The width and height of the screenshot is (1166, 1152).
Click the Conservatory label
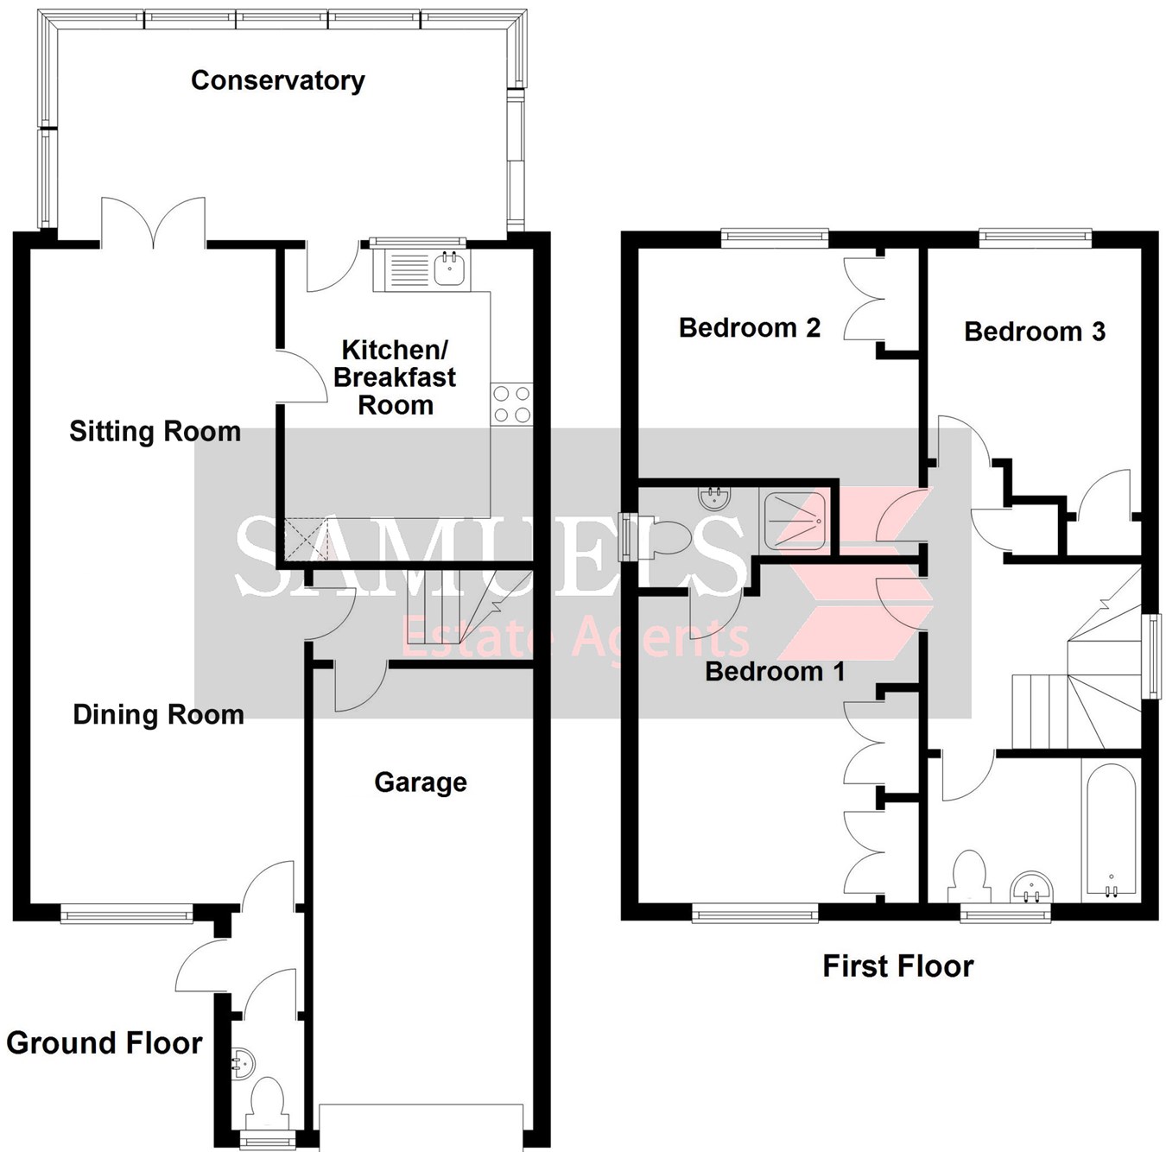pyautogui.click(x=277, y=80)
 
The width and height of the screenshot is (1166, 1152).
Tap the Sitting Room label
pyautogui.click(x=155, y=431)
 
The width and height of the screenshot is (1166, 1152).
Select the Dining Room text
pyautogui.click(x=158, y=714)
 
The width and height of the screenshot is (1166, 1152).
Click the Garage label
pyautogui.click(x=421, y=782)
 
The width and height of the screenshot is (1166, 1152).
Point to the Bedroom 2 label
pyautogui.click(x=749, y=328)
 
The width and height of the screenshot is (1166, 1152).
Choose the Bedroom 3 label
pyautogui.click(x=1034, y=332)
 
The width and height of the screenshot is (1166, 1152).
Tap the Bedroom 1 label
pyautogui.click(x=775, y=671)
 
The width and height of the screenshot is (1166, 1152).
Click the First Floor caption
pyautogui.click(x=897, y=965)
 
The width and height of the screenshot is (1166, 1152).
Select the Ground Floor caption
pyautogui.click(x=104, y=1043)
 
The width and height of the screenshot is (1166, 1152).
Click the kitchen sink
pyautogui.click(x=449, y=269)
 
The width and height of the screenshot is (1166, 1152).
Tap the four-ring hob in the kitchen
pyautogui.click(x=511, y=404)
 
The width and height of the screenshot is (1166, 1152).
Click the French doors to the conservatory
pyautogui.click(x=154, y=223)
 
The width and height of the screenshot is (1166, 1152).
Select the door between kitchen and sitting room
pyautogui.click(x=300, y=377)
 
